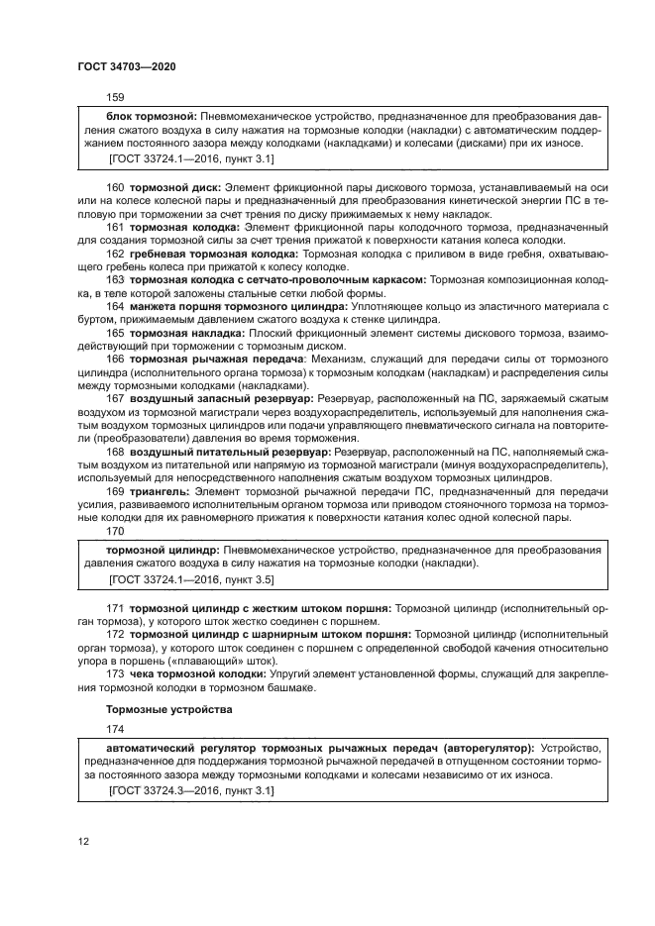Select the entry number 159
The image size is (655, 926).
tap(115, 98)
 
